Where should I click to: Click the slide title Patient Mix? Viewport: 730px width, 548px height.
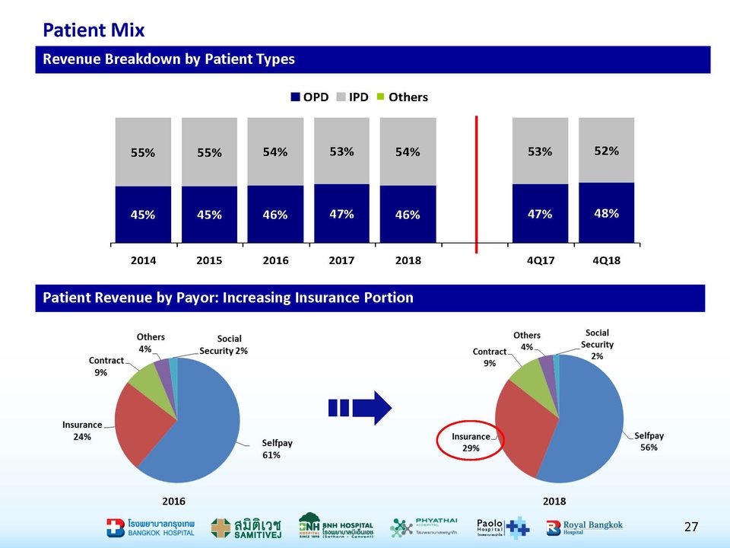tap(94, 30)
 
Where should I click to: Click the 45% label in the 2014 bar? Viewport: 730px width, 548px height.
tap(143, 215)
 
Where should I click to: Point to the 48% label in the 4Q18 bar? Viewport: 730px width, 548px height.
tap(606, 213)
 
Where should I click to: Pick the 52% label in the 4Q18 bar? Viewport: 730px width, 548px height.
tap(606, 151)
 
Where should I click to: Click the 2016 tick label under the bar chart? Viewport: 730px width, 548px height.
tap(275, 260)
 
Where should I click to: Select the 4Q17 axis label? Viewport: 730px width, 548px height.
tap(541, 260)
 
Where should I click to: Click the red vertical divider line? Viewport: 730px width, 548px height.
tap(476, 183)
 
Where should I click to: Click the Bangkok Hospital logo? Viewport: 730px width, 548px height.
tap(151, 527)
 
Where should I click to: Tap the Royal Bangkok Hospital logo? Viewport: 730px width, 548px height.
tap(584, 527)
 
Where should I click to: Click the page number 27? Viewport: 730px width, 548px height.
tap(690, 527)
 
